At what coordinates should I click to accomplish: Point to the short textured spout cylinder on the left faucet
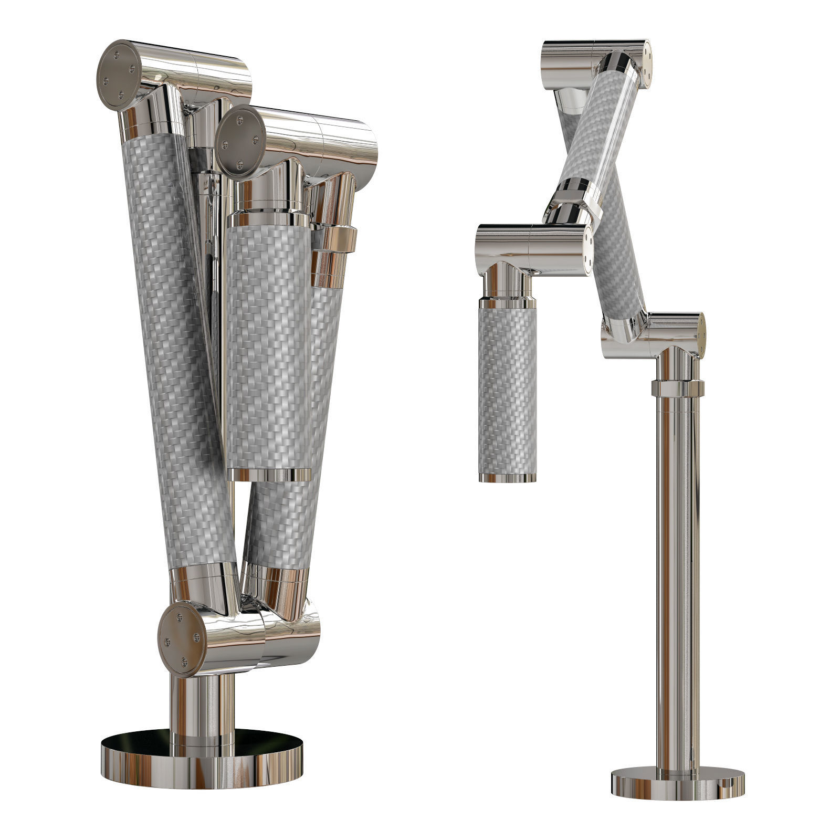[269, 346]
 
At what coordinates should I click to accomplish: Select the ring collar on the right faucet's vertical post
[677, 389]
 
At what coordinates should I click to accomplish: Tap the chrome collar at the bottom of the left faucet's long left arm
[202, 583]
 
